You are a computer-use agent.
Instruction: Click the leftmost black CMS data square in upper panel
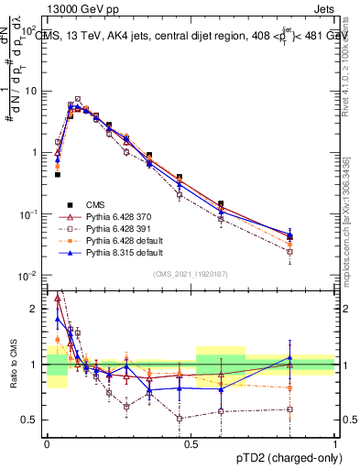click(x=58, y=174)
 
